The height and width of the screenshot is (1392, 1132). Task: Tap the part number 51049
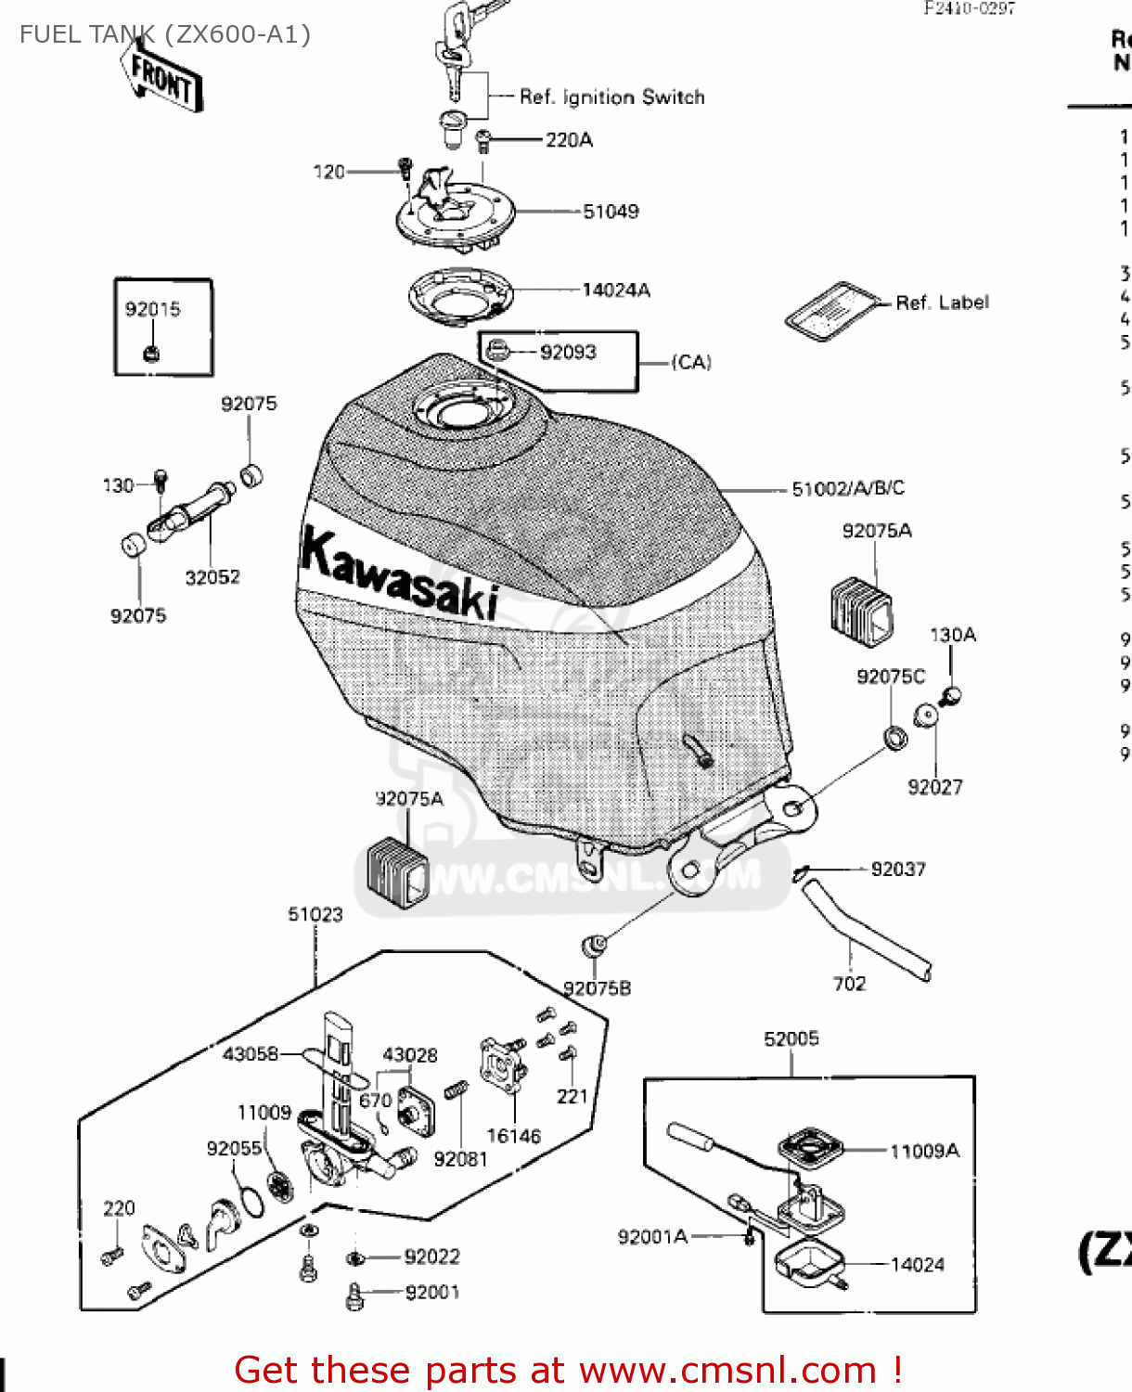(611, 212)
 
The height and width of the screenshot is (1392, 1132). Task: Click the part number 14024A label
(616, 290)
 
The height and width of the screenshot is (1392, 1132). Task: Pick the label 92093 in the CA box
(568, 353)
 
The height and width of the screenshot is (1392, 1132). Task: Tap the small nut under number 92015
(152, 353)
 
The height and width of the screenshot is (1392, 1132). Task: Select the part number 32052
(212, 577)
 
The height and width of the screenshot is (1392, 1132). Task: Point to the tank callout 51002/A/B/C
(848, 489)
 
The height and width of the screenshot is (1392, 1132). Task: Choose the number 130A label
(953, 636)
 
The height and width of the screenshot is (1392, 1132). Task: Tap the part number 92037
(897, 870)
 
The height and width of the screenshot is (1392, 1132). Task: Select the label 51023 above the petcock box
(315, 915)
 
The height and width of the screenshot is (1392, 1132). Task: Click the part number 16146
(513, 1136)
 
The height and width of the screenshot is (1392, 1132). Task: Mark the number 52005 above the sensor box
(791, 1039)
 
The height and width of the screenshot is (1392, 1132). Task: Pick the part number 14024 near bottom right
(917, 1265)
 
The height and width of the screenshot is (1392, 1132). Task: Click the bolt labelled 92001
(354, 1296)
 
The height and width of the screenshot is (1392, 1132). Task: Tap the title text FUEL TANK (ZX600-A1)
(165, 35)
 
